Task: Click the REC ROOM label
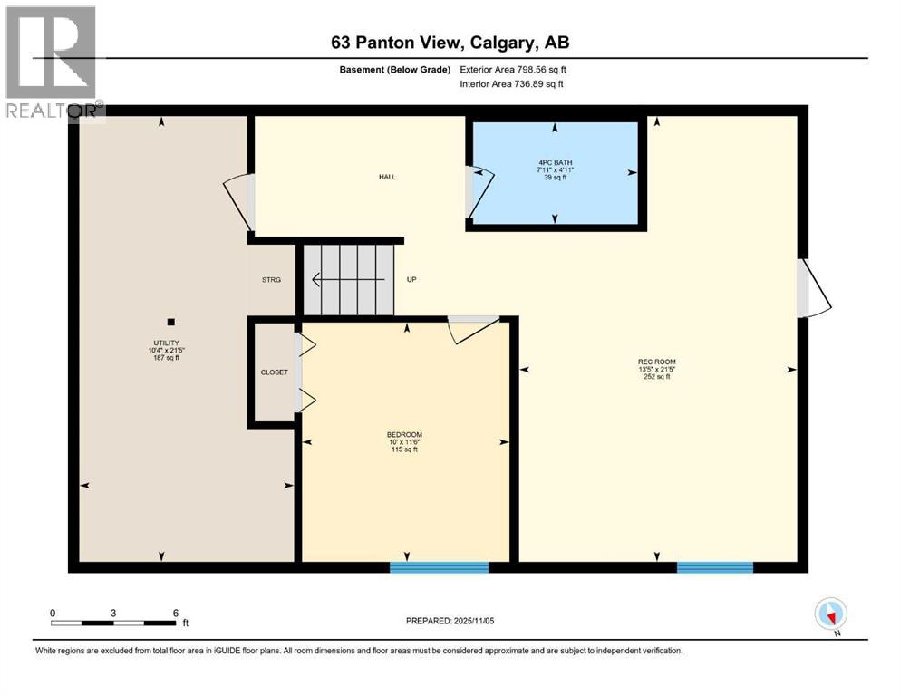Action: pyautogui.click(x=656, y=362)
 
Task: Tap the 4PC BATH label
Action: pyautogui.click(x=555, y=162)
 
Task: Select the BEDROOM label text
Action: pyautogui.click(x=404, y=435)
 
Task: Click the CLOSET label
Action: pyautogui.click(x=274, y=372)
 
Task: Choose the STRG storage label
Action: pyautogui.click(x=271, y=280)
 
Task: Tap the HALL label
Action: pyautogui.click(x=387, y=178)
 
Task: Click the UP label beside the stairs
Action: pyautogui.click(x=411, y=280)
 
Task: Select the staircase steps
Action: pyautogui.click(x=350, y=279)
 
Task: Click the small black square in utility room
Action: pyautogui.click(x=170, y=321)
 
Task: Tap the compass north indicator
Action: pyautogui.click(x=830, y=614)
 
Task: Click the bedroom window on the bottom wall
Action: pyautogui.click(x=439, y=567)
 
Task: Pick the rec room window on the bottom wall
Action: pyautogui.click(x=714, y=567)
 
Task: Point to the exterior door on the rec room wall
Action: pyautogui.click(x=812, y=289)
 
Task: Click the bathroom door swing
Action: pyautogui.click(x=479, y=192)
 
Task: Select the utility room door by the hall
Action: pyautogui.click(x=240, y=201)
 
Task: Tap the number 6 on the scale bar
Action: pyautogui.click(x=175, y=613)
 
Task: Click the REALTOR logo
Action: pyautogui.click(x=53, y=63)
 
